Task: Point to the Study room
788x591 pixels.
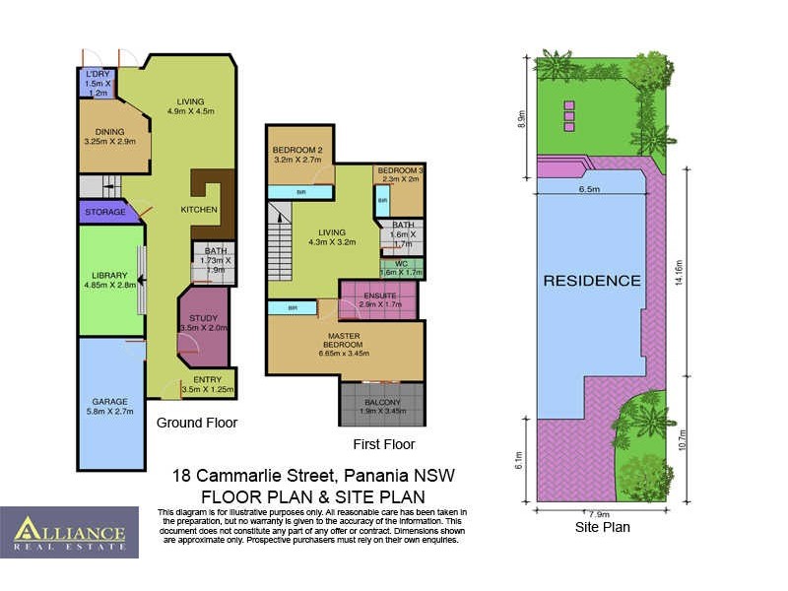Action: point(204,322)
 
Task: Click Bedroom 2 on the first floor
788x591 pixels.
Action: point(296,153)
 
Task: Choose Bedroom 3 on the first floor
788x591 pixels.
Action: point(399,174)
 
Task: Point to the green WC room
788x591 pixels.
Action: point(400,267)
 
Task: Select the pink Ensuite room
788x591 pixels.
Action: point(378,299)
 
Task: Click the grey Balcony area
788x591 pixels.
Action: point(380,404)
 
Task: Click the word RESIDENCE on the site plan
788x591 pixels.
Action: point(592,281)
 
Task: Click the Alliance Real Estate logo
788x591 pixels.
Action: point(69,533)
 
